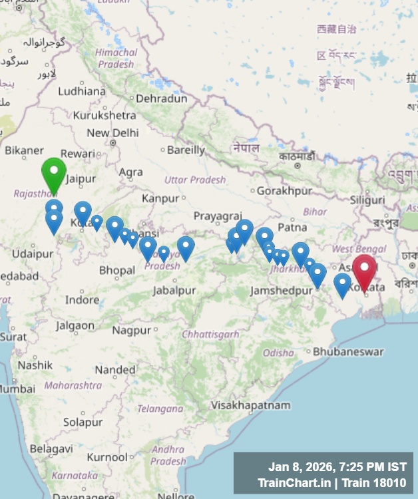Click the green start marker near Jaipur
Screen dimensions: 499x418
pyautogui.click(x=54, y=173)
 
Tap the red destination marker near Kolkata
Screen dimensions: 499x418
pyautogui.click(x=364, y=271)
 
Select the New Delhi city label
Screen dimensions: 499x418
pyautogui.click(x=112, y=133)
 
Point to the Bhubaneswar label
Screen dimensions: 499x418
pyautogui.click(x=348, y=351)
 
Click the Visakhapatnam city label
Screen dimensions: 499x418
pyautogui.click(x=250, y=405)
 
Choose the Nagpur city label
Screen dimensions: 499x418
pyautogui.click(x=131, y=330)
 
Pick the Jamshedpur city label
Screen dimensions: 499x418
pyautogui.click(x=279, y=291)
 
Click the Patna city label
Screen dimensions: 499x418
pyautogui.click(x=292, y=227)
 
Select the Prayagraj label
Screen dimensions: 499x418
pyautogui.click(x=217, y=216)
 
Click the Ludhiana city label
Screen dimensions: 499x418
pyautogui.click(x=82, y=91)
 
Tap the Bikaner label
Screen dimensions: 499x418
pyautogui.click(x=24, y=151)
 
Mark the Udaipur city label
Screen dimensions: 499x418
pyautogui.click(x=32, y=254)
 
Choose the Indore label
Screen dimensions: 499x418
pyautogui.click(x=82, y=300)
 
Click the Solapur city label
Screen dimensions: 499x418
pyautogui.click(x=83, y=422)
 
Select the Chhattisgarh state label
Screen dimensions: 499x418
pyautogui.click(x=210, y=334)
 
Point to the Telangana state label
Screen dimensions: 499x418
pyautogui.click(x=160, y=408)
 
